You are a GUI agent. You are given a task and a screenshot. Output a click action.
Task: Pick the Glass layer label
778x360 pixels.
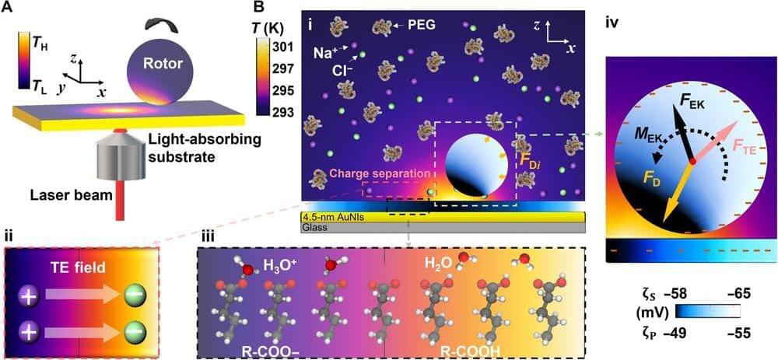(x=314, y=228)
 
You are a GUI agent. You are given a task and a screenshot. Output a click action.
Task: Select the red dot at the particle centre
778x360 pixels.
(x=691, y=160)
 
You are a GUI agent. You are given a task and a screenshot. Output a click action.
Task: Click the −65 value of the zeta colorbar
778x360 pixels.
(x=727, y=295)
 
